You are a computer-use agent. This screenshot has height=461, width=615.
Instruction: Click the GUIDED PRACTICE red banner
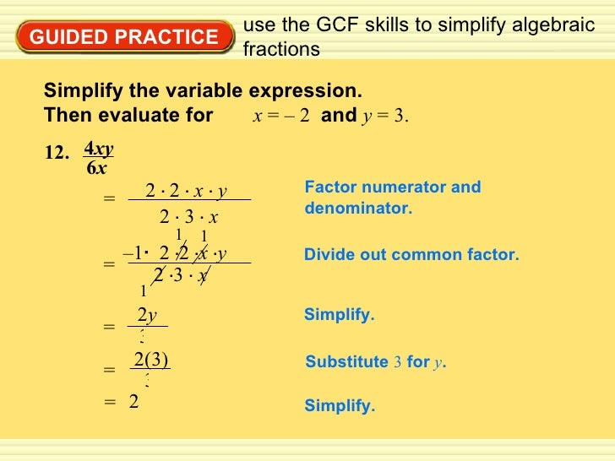pyautogui.click(x=123, y=38)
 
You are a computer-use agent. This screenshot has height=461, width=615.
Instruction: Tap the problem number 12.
pyautogui.click(x=56, y=154)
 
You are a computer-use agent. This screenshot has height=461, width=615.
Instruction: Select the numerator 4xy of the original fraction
pyautogui.click(x=99, y=149)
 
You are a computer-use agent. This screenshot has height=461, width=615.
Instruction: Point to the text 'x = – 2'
pyautogui.click(x=281, y=116)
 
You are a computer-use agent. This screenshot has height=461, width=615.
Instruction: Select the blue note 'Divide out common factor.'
pyautogui.click(x=411, y=254)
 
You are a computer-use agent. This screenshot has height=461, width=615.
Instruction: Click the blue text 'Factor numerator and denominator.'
pyautogui.click(x=392, y=197)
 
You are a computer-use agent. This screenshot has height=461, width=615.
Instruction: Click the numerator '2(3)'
pyautogui.click(x=151, y=360)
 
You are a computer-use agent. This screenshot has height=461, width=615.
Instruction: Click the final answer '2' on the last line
pyautogui.click(x=133, y=403)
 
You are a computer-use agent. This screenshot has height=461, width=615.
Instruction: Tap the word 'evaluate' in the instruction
pyautogui.click(x=171, y=115)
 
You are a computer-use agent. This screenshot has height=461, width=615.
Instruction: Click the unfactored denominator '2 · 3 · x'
pyautogui.click(x=189, y=218)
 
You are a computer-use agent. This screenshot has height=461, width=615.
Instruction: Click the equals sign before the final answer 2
pyautogui.click(x=109, y=404)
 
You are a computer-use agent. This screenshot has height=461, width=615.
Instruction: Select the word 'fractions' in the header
pyautogui.click(x=281, y=50)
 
